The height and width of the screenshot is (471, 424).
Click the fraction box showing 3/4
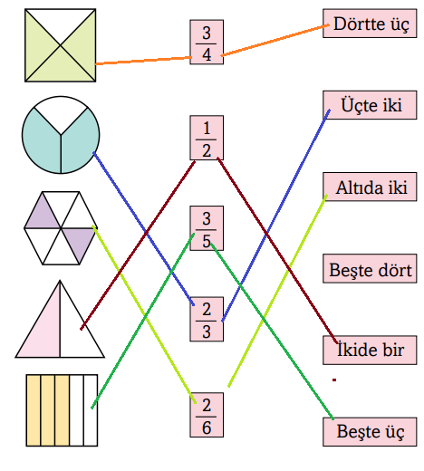pyautogui.click(x=207, y=43)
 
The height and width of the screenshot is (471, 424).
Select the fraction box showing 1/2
pyautogui.click(x=207, y=137)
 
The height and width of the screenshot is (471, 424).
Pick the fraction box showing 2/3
pyautogui.click(x=207, y=321)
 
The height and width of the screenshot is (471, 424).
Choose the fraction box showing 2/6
pyautogui.click(x=207, y=415)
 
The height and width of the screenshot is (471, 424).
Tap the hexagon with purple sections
pyautogui.click(x=60, y=228)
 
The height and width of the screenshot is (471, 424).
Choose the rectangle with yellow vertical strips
pyautogui.click(x=61, y=409)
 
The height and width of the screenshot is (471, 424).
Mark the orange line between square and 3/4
pyautogui.click(x=145, y=61)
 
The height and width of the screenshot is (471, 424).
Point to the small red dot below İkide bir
pyautogui.click(x=334, y=380)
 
